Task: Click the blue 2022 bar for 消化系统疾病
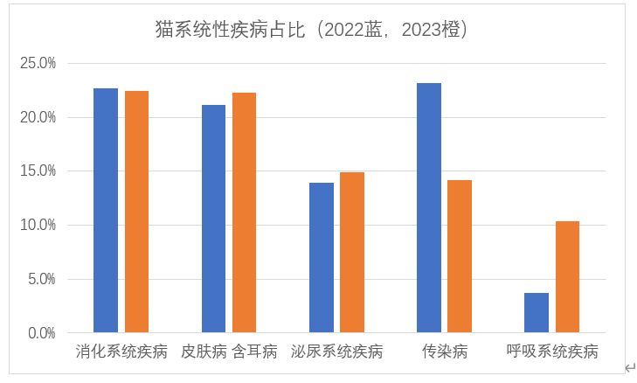106,210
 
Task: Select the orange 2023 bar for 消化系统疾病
136,212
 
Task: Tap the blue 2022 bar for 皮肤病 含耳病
213,219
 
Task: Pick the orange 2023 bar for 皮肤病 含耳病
244,212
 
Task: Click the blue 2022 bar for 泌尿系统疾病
322,258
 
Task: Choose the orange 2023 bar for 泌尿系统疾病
352,253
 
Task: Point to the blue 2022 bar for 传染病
429,208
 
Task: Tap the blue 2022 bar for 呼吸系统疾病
537,312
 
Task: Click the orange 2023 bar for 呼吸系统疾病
567,276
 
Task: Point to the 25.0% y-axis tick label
38,63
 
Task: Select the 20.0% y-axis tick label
38,117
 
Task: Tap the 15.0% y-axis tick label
38,171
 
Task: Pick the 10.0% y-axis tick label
38,226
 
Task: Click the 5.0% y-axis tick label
41,280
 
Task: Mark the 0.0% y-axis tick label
41,333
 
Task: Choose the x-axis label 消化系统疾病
121,352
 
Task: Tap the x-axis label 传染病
445,352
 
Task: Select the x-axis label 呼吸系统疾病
552,352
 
